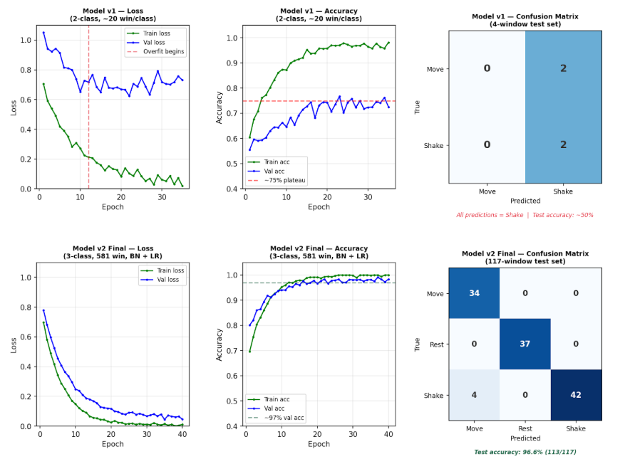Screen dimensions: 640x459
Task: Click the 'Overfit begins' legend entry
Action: (155, 51)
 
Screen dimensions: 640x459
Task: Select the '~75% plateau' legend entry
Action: (277, 180)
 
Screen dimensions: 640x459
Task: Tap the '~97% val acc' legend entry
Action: (276, 418)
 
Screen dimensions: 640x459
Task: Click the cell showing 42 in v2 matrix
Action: (576, 394)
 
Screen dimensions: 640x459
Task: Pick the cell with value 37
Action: (525, 344)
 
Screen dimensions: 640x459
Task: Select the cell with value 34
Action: (474, 293)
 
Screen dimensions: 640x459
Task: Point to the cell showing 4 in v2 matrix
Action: (474, 394)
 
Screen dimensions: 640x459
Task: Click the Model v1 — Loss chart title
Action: (113, 15)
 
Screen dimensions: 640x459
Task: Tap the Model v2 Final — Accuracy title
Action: (319, 252)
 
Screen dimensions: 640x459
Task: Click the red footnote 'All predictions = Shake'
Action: (490, 215)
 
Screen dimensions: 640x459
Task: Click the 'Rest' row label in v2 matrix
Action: (436, 344)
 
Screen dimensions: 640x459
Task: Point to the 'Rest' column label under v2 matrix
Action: (525, 428)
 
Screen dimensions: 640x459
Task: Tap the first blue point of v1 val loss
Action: (43, 33)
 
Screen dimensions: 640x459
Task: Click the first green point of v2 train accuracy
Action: (249, 352)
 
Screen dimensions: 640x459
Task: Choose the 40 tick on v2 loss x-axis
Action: (182, 434)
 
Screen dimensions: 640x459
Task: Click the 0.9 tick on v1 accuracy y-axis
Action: (232, 63)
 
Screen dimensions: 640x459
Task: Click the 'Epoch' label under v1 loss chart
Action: (113, 206)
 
